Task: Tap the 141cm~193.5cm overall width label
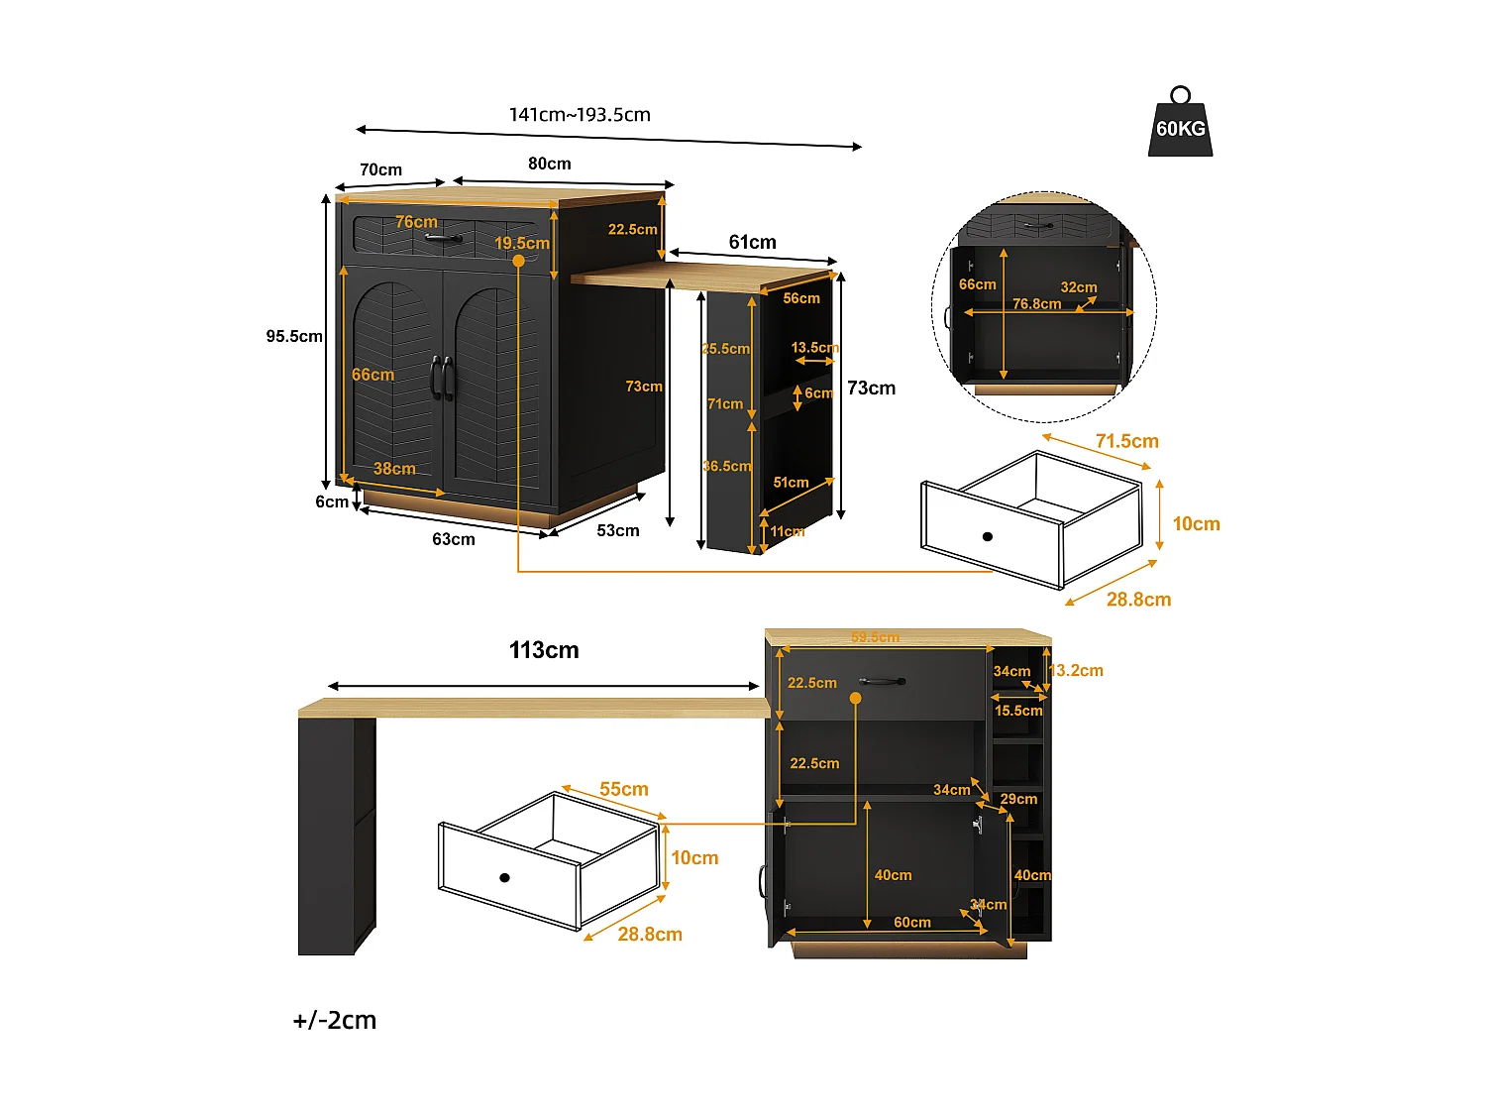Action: click(x=580, y=115)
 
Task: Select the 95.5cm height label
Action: click(x=294, y=337)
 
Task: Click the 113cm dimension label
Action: click(x=544, y=651)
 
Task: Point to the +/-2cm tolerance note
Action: click(x=335, y=1021)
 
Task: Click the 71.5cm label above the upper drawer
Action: click(x=1126, y=442)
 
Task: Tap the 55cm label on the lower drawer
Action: click(x=624, y=790)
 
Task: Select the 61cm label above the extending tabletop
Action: click(x=752, y=243)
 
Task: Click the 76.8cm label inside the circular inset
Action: click(x=1036, y=304)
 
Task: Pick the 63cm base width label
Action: click(x=454, y=540)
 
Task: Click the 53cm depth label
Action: click(x=618, y=531)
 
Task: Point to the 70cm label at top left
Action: click(x=380, y=170)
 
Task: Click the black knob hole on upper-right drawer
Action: click(x=987, y=537)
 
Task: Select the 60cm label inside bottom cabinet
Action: click(x=911, y=923)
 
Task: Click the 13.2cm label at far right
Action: click(x=1076, y=671)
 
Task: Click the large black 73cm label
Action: click(x=871, y=389)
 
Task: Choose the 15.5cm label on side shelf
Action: click(x=1018, y=711)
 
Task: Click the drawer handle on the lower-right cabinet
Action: click(x=882, y=682)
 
